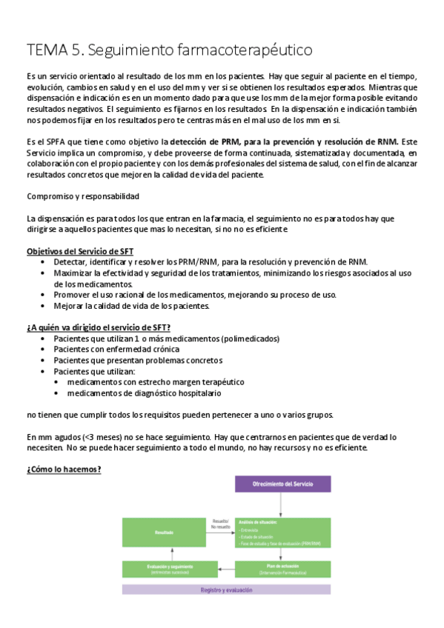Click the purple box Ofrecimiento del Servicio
point(282,484)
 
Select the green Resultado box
point(164,532)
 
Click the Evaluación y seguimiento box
point(164,569)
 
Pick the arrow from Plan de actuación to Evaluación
point(221,569)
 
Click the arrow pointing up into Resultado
point(164,552)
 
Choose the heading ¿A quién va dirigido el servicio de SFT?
point(109,327)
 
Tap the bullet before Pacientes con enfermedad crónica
point(45,350)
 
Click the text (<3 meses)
point(92,437)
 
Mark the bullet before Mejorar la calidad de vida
point(45,305)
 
